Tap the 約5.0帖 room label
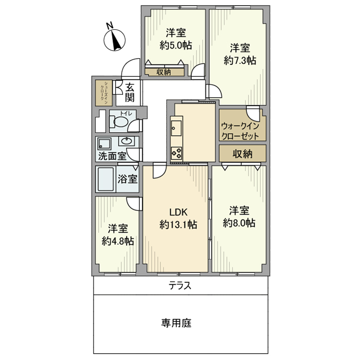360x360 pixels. [175, 45]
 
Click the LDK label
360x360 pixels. [177, 212]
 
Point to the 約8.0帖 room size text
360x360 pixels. [239, 223]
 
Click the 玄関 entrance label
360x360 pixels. [130, 93]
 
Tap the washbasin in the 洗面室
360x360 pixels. [126, 140]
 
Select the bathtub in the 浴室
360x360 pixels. [106, 179]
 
